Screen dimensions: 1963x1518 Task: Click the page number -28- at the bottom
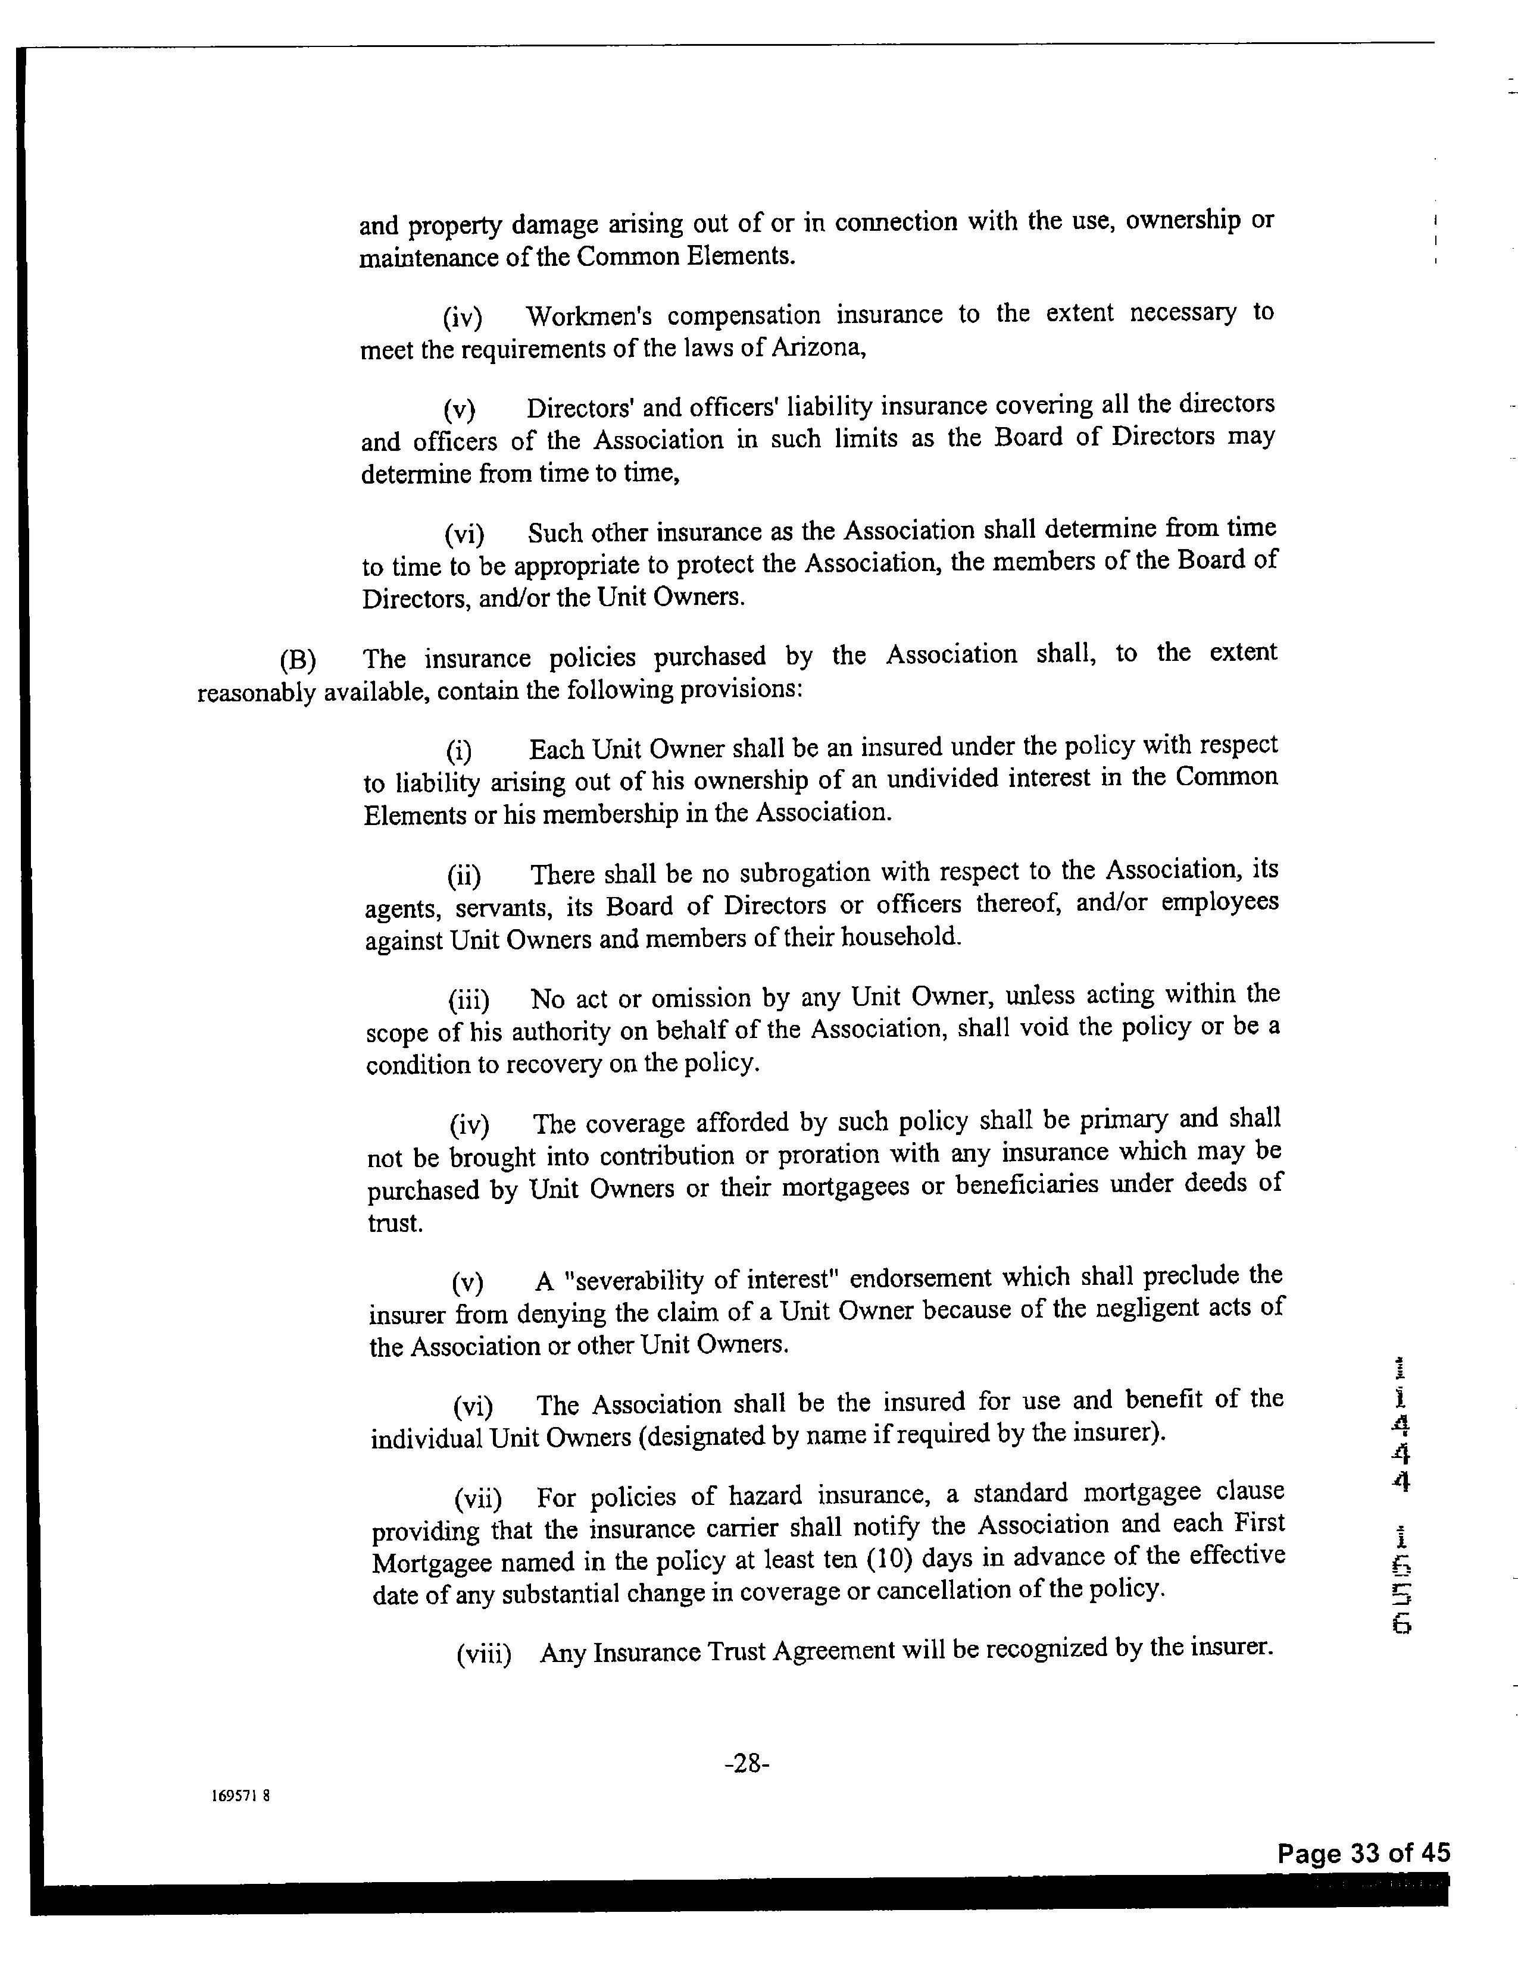click(x=746, y=1764)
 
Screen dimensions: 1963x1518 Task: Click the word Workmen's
click(x=585, y=316)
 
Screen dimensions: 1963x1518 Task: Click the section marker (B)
click(x=298, y=660)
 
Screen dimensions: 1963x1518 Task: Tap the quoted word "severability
click(x=629, y=1279)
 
